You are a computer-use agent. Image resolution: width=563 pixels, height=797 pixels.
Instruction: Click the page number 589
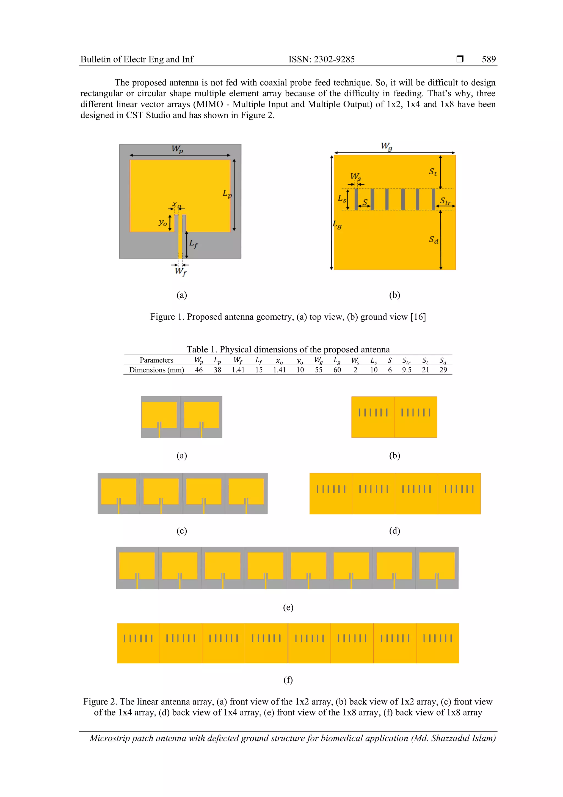tap(489, 59)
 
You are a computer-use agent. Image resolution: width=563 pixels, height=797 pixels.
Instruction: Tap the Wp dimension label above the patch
tap(177, 149)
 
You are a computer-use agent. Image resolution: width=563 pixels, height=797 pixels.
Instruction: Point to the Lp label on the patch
tap(227, 194)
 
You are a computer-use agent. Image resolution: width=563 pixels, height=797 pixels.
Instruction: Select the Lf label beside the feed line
tap(194, 244)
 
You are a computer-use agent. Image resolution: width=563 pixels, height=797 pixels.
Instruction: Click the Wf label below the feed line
tap(180, 271)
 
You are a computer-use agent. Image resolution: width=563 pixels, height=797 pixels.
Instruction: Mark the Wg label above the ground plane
tap(387, 146)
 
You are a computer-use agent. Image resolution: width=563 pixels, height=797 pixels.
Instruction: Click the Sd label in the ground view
tap(434, 240)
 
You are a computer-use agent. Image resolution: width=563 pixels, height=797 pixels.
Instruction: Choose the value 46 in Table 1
tap(199, 370)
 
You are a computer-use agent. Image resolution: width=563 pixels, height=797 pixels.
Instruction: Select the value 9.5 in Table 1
tap(407, 370)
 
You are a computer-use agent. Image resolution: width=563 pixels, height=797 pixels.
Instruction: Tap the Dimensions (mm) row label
tap(156, 370)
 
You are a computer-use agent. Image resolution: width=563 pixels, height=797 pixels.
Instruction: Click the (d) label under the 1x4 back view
tap(394, 530)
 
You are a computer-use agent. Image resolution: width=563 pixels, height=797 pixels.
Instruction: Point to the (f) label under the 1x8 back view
tap(288, 680)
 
